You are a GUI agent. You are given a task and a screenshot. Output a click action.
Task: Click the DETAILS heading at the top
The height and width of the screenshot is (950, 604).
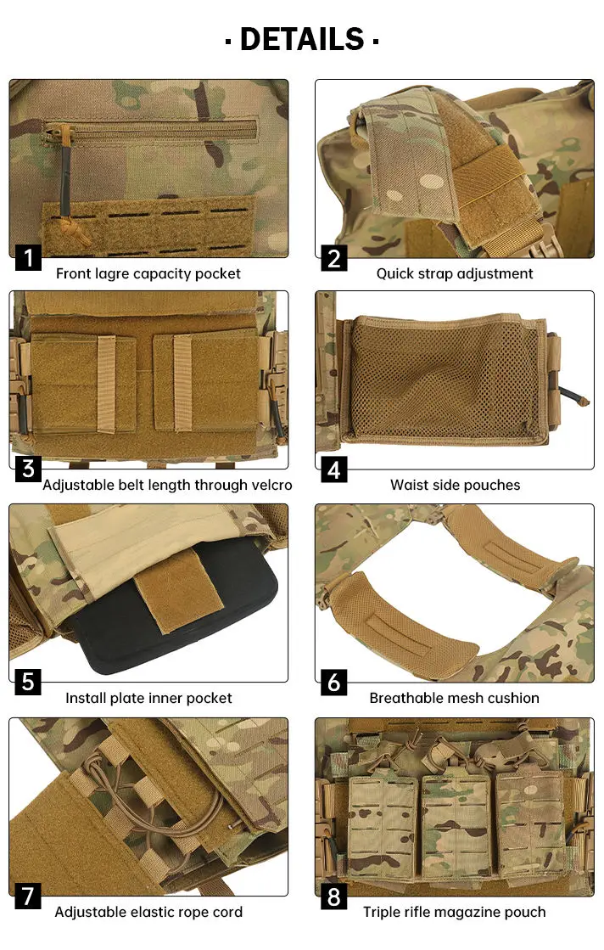pos(301,39)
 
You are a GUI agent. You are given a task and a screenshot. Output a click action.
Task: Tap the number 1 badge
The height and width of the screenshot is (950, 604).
pos(28,257)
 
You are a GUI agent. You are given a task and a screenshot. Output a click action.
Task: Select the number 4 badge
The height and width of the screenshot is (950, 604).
pos(334,469)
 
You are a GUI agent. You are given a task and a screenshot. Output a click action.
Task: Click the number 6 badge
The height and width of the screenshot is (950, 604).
pos(334,683)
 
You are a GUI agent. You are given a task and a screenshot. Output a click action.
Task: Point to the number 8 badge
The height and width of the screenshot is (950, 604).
pos(334,897)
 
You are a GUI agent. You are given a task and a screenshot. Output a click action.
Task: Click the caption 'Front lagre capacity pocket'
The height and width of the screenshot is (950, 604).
pos(148,273)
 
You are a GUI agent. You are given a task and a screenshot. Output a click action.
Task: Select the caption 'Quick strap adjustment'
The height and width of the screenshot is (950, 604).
pos(455,273)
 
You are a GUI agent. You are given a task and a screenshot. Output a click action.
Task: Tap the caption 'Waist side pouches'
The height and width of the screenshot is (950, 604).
pos(455,486)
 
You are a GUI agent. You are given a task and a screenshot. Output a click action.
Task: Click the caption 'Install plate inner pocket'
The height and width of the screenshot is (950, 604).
pos(148,699)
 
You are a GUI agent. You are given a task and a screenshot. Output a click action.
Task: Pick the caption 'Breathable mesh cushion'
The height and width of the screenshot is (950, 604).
pos(455,699)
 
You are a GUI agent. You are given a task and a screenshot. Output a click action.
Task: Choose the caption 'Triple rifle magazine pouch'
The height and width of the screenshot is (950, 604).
pos(455,913)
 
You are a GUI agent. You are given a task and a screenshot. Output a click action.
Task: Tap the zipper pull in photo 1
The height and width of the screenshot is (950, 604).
pos(62,170)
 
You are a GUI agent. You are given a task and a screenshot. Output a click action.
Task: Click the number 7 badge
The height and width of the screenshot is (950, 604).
pos(28,897)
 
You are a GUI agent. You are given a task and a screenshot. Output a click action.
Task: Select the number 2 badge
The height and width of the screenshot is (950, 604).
pos(334,257)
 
